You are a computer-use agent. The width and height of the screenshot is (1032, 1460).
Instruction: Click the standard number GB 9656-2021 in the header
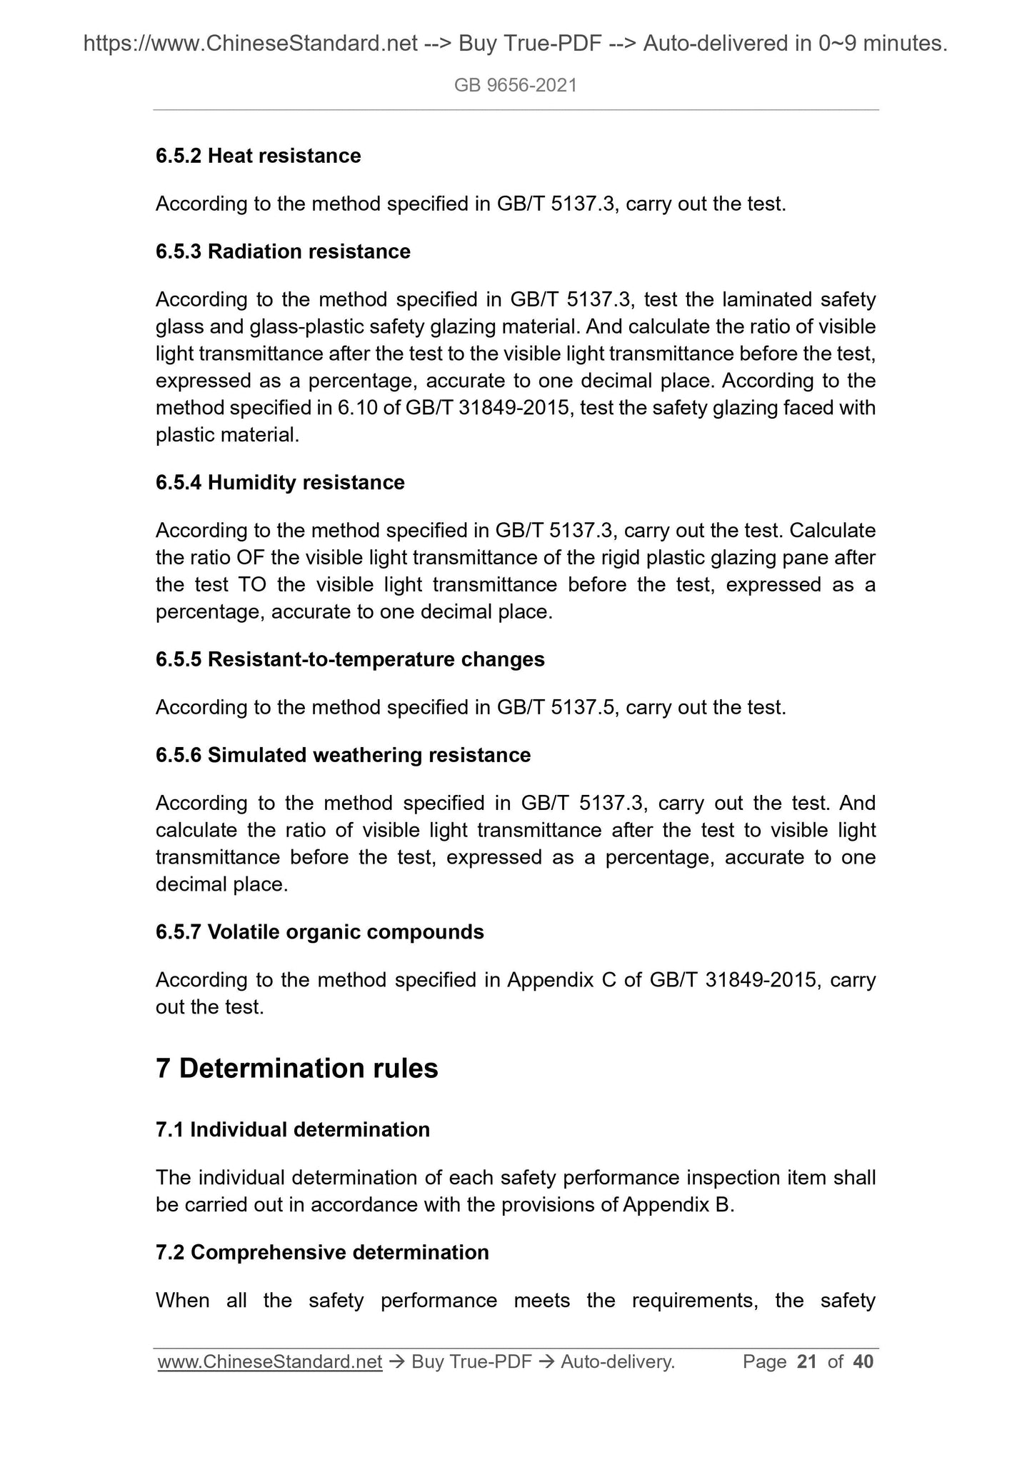coord(515,86)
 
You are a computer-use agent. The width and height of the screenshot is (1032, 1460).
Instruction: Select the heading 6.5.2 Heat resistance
coord(258,156)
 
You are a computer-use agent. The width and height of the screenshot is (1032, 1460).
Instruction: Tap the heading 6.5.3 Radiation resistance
coord(283,251)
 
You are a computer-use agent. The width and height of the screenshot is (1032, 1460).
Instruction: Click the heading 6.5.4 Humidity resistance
coord(280,482)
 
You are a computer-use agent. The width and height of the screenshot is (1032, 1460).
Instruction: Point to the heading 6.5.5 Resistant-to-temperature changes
coord(350,659)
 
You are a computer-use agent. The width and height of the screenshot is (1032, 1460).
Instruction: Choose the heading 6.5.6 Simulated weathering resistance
coord(343,755)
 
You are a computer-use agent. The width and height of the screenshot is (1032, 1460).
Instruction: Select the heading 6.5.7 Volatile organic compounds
coord(319,931)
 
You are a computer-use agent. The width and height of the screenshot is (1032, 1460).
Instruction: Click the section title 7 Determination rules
coord(296,1068)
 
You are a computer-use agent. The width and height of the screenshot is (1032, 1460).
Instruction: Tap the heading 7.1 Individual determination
coord(293,1129)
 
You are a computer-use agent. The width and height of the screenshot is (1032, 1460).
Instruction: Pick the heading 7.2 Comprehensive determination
coord(322,1252)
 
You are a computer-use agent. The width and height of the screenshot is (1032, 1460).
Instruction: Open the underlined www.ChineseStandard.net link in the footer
coord(270,1362)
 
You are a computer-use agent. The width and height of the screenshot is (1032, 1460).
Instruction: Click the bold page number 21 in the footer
coord(806,1362)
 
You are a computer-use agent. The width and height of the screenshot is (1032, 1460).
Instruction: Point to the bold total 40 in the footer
coord(863,1362)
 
